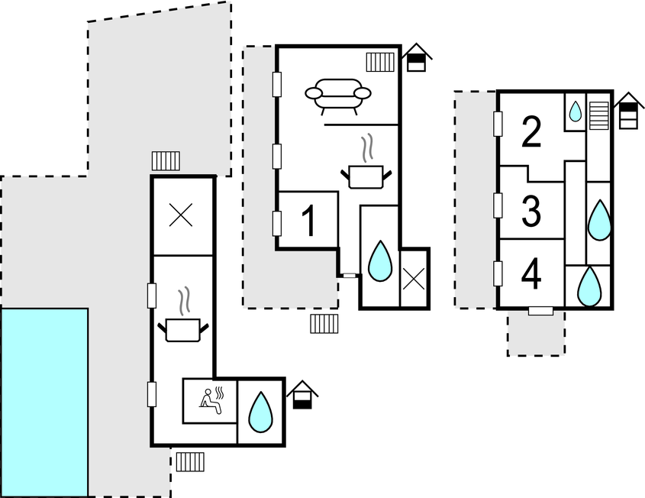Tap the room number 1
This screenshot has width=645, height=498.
tap(308, 221)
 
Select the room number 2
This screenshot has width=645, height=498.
tap(531, 132)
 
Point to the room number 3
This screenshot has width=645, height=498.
tap(531, 212)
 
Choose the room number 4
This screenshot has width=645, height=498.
tap(531, 275)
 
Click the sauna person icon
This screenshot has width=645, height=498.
tap(210, 400)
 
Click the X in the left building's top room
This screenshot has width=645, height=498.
tap(181, 216)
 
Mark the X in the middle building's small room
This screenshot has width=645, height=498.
tap(413, 278)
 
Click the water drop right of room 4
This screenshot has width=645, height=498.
tap(589, 286)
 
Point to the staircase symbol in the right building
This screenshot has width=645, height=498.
tap(598, 116)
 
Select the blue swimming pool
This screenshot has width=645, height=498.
tap(44, 402)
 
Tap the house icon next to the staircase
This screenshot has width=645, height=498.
tap(628, 112)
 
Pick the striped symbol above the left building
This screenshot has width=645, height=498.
tap(166, 160)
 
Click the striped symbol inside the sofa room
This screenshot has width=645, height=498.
tap(379, 60)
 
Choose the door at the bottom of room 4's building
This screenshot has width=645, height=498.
tap(540, 311)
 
